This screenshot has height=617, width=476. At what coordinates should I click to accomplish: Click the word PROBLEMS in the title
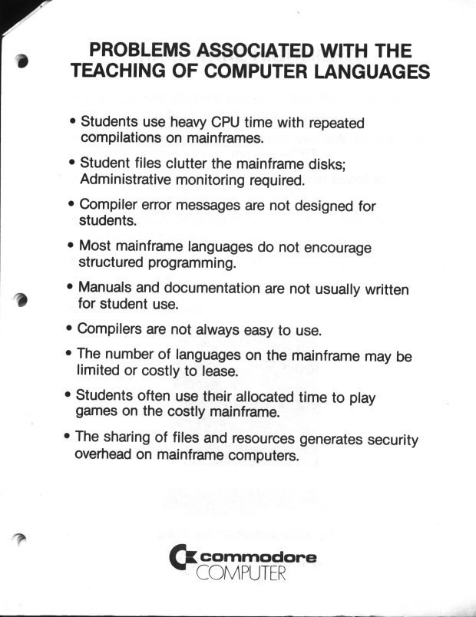[x=140, y=51]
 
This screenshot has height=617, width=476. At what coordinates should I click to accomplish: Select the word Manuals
[x=110, y=289]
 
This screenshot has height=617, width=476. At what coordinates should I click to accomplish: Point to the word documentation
[x=214, y=289]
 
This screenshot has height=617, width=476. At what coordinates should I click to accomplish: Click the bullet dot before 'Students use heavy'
[x=72, y=122]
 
